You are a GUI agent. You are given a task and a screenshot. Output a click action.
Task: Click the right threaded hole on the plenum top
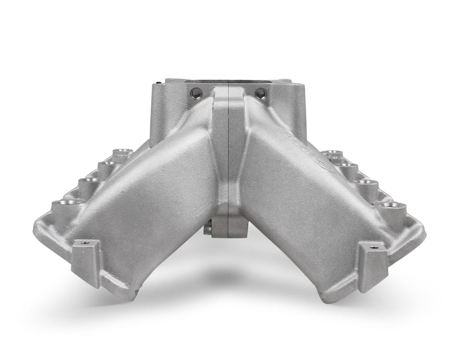tap(261, 94)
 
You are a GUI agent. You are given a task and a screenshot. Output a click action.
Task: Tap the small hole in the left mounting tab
tap(83, 243)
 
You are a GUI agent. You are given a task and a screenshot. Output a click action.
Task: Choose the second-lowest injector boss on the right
tap(369, 184)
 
